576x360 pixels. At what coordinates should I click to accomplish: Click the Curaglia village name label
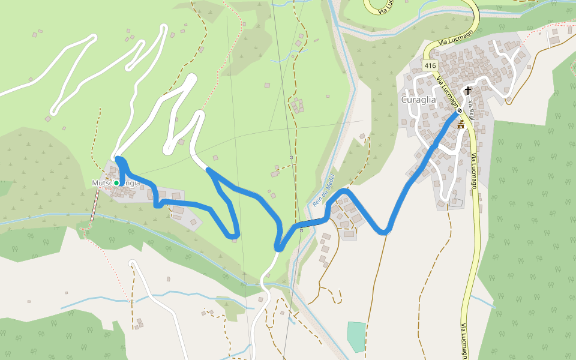pyautogui.click(x=419, y=100)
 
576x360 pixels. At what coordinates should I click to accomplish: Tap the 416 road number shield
pyautogui.click(x=430, y=65)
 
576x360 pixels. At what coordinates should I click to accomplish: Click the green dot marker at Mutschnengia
pyautogui.click(x=116, y=182)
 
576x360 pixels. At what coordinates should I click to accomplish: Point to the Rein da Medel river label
pyautogui.click(x=323, y=190)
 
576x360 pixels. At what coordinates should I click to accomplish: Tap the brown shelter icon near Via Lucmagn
pyautogui.click(x=461, y=125)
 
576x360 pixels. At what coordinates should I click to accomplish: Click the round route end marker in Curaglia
pyautogui.click(x=460, y=111)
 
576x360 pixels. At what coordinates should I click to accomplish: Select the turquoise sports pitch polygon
pyautogui.click(x=356, y=337)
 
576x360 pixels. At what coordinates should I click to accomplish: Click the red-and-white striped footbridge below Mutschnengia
pyautogui.click(x=95, y=206)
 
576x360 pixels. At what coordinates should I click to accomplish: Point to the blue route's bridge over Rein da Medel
pyautogui.click(x=313, y=224)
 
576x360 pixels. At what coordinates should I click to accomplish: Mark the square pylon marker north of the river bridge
pyautogui.click(x=292, y=158)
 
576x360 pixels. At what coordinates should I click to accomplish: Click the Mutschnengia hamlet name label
pyautogui.click(x=116, y=182)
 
